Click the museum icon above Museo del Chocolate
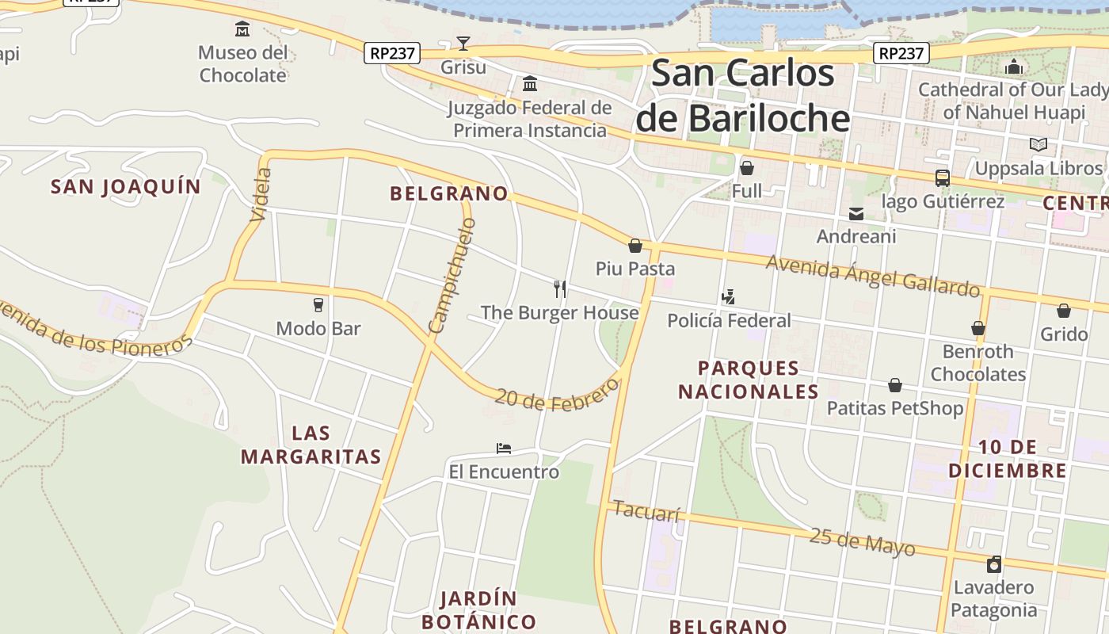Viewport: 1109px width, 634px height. click(242, 30)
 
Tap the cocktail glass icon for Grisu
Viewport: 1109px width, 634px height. click(463, 44)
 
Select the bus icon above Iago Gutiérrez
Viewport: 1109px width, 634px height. click(942, 178)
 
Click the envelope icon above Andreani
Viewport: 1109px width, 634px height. click(856, 214)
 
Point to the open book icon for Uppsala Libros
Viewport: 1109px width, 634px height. click(1038, 145)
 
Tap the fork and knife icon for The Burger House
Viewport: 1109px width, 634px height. click(559, 289)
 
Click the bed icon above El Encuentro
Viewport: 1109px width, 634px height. click(503, 449)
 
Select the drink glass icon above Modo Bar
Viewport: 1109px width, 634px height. click(318, 305)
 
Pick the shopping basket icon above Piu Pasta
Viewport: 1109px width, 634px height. click(635, 246)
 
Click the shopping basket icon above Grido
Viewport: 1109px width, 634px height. click(1063, 311)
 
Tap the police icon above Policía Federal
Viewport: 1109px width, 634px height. click(728, 297)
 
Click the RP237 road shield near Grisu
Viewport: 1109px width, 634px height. click(391, 53)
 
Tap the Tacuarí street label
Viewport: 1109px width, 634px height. click(646, 512)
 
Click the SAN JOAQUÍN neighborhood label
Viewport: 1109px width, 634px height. click(126, 187)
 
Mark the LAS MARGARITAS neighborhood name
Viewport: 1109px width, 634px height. click(311, 445)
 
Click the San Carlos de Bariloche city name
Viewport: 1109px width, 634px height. click(743, 96)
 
